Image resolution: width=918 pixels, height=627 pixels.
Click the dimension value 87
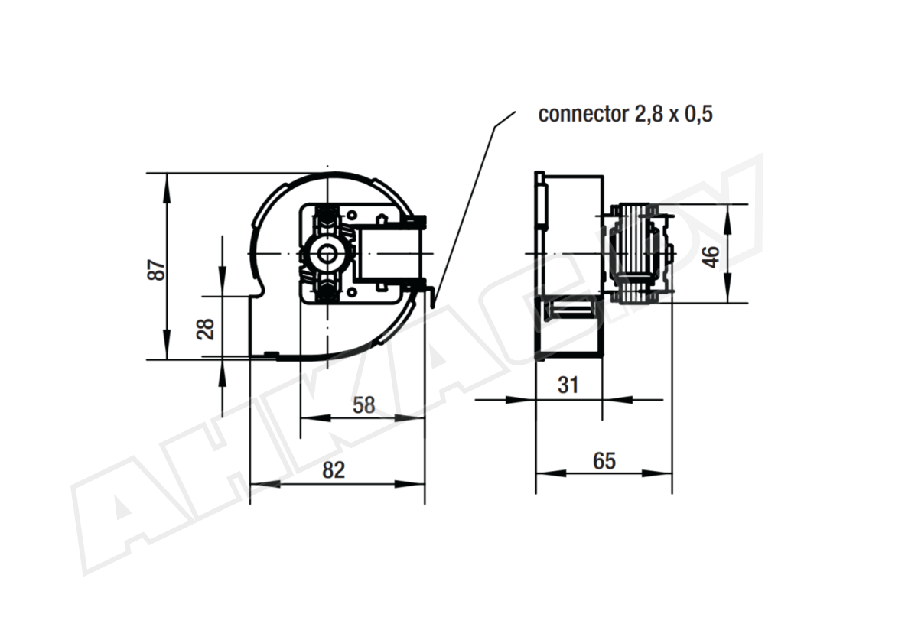[156, 269]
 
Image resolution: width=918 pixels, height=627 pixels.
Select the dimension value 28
[205, 329]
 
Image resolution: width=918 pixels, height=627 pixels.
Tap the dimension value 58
[364, 405]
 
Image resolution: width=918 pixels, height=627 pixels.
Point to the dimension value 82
[334, 469]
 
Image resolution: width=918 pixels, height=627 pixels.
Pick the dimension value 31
[568, 385]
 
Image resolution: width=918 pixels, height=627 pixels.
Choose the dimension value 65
[604, 461]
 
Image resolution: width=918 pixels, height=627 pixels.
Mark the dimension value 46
[713, 257]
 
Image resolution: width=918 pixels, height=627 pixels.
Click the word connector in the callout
[583, 114]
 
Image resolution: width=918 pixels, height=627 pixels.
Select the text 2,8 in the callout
[649, 114]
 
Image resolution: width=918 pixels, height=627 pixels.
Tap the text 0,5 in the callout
[698, 114]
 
